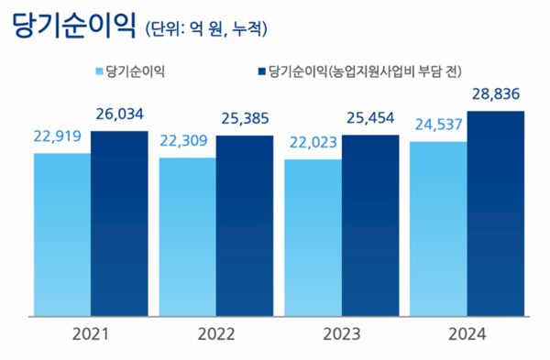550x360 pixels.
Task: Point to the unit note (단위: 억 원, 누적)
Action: pos(206,29)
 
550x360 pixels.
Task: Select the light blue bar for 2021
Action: pos(62,234)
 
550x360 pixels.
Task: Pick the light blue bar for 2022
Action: pos(188,235)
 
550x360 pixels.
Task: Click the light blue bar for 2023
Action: pos(313,237)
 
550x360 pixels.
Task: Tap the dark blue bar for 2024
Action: pos(495,213)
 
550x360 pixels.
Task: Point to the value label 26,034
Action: pos(119,115)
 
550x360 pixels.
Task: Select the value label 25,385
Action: pos(245,119)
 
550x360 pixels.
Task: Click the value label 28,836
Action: pos(495,94)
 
